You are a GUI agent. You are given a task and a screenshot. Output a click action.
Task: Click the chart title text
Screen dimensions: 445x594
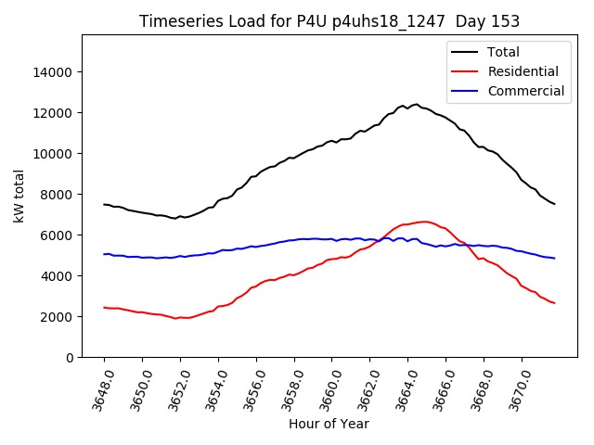coord(329,21)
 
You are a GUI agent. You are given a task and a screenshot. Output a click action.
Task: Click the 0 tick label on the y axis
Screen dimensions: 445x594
coord(69,358)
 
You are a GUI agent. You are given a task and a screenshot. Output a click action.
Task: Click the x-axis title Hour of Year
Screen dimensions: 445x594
coord(329,425)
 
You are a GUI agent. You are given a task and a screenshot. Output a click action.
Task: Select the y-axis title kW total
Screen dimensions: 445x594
coord(19,196)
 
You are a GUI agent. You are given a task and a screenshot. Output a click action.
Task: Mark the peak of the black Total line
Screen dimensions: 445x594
coord(416,105)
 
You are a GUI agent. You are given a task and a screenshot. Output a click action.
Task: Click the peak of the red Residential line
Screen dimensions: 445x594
coord(424,222)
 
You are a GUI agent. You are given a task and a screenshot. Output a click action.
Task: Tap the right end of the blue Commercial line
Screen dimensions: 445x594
coord(554,258)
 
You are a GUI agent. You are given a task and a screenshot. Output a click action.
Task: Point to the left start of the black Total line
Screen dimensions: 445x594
coord(104,205)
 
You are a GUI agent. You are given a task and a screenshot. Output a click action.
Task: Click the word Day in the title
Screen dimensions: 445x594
coord(473,21)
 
